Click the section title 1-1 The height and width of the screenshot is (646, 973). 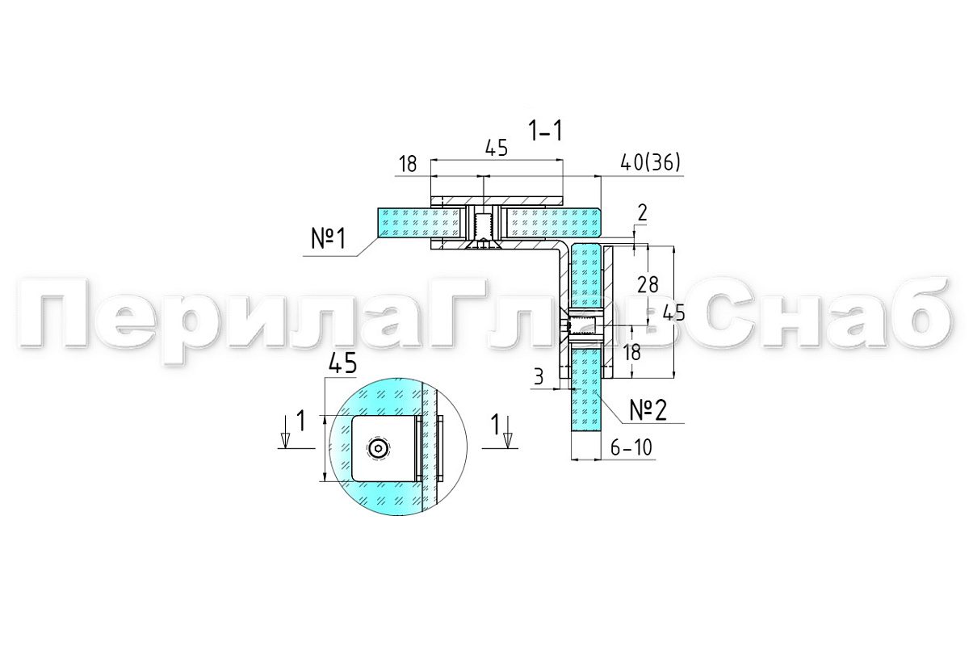(545, 130)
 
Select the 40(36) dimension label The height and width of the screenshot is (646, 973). (650, 163)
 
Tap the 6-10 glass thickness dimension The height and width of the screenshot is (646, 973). (631, 447)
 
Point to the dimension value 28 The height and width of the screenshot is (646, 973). (648, 285)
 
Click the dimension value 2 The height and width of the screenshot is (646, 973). (642, 212)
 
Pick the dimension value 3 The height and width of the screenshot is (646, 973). (539, 376)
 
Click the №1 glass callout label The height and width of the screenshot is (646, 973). (329, 238)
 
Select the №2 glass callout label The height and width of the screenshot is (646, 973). (648, 410)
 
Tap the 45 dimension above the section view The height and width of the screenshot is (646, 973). (497, 149)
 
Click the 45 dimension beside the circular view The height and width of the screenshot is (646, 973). (342, 363)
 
